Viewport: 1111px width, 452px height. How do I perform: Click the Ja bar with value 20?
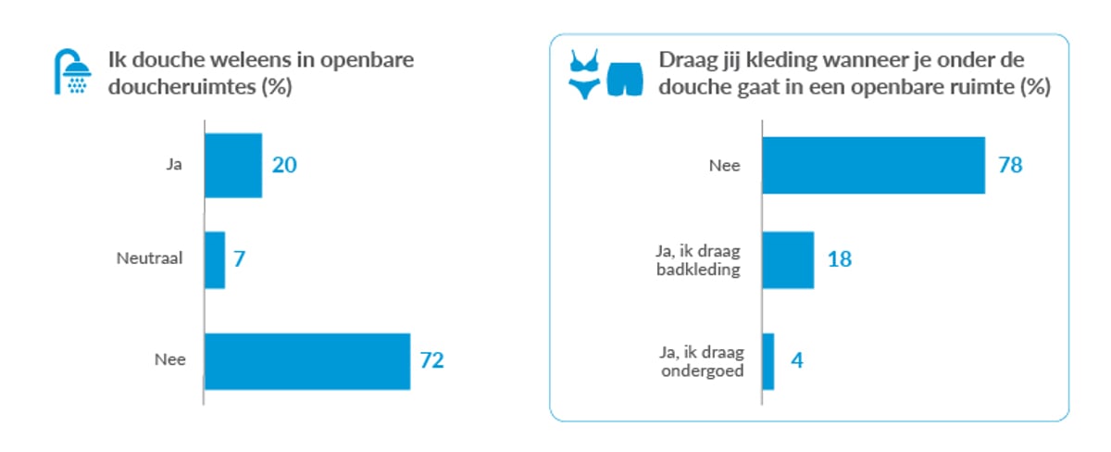point(232,166)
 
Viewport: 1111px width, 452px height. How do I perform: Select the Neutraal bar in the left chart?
point(214,259)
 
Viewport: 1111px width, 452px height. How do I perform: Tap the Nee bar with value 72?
point(306,360)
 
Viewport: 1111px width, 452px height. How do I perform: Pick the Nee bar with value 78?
point(873,165)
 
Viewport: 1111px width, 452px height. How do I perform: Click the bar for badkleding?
point(787,260)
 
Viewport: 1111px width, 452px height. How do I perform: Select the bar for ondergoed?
point(768,361)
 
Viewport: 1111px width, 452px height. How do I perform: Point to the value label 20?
point(283,165)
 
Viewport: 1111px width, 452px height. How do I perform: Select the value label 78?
point(1007,165)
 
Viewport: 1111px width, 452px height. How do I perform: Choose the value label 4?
point(795,359)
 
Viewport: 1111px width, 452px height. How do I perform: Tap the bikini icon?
point(584,74)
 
